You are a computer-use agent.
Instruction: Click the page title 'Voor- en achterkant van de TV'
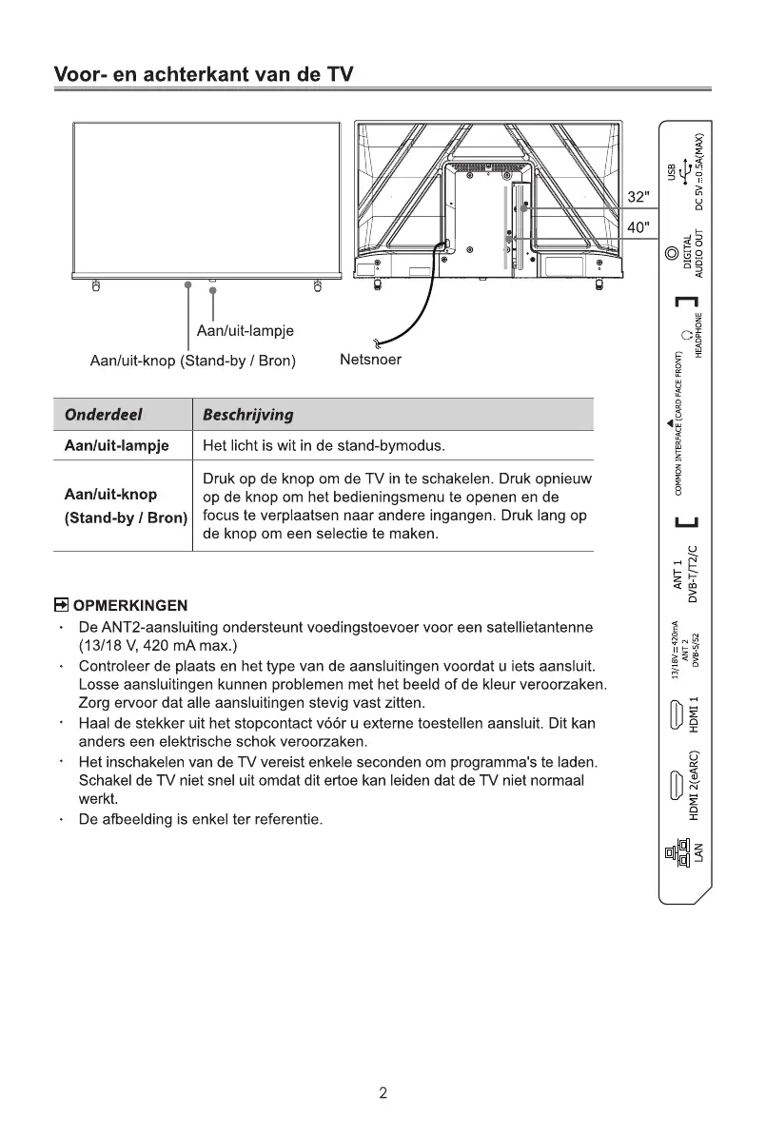203,73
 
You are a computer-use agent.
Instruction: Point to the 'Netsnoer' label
370,361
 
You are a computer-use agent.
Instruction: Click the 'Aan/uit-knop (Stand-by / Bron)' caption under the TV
192,361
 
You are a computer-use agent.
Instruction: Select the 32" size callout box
638,197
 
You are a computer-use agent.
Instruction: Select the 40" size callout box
638,228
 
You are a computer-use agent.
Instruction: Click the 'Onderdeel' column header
102,415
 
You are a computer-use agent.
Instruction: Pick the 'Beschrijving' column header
247,415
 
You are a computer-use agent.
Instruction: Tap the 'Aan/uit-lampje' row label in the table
116,446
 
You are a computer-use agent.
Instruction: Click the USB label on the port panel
673,170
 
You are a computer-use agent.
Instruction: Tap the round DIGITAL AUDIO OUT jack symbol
674,253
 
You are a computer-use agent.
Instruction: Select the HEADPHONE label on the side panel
698,335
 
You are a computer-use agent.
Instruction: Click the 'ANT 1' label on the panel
678,577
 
